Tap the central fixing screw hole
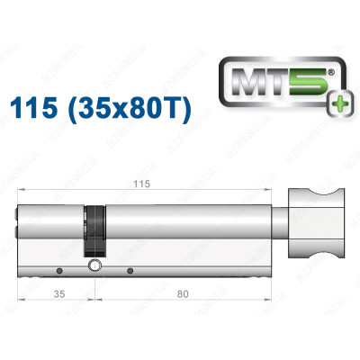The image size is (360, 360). point(94,265)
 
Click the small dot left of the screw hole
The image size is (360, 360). point(59,271)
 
